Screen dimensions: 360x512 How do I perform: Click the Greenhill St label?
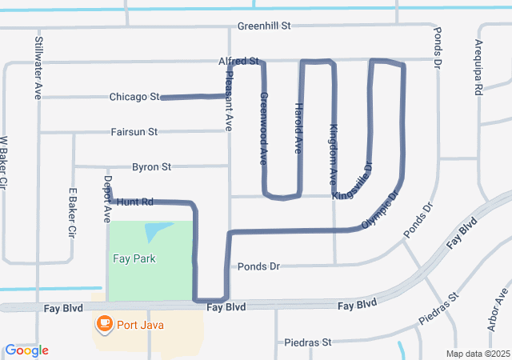coord(263,26)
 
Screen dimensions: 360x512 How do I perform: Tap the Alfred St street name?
coord(238,61)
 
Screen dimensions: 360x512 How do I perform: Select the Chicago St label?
coord(134,97)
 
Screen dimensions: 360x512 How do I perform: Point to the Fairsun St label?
coord(134,131)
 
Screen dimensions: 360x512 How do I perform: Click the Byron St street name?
coord(151,167)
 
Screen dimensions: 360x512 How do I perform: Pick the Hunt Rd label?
coord(134,202)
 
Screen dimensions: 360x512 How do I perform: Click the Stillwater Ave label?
coord(38,67)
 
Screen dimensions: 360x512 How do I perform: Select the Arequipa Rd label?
coord(479,68)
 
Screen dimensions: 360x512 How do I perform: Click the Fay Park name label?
coord(134,258)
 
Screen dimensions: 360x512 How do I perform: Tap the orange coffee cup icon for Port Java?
coord(104,323)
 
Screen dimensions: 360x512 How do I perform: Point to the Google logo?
coord(27,350)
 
